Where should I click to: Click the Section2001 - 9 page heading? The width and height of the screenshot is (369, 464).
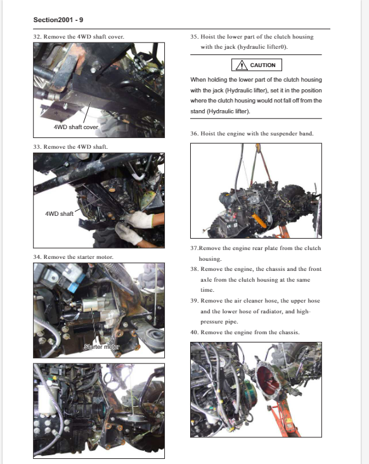(58, 20)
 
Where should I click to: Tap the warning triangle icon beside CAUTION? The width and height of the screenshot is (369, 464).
(242, 65)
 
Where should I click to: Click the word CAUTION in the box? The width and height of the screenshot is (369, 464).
(262, 65)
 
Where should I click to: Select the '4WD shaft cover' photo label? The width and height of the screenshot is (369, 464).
(76, 127)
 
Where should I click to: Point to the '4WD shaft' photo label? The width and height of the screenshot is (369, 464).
(59, 214)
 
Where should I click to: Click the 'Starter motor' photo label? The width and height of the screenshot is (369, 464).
(101, 346)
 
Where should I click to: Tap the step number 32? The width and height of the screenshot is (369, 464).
(37, 37)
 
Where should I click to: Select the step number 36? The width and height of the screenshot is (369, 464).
(194, 134)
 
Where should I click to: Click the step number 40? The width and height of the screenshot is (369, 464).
(194, 332)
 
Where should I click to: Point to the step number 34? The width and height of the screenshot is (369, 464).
(37, 257)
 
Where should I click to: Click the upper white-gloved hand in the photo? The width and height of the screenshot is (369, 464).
(139, 220)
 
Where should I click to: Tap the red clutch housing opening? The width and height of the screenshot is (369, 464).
(268, 382)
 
